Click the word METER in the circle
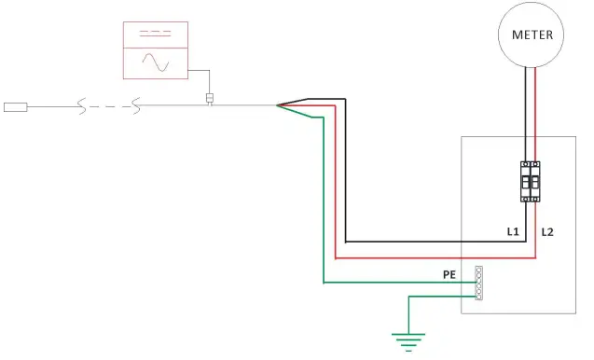click(x=532, y=35)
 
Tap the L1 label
click(x=512, y=229)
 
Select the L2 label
click(x=547, y=229)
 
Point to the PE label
click(x=449, y=276)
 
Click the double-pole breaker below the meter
click(x=530, y=181)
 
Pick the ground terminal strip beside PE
click(x=478, y=283)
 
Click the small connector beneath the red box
click(x=210, y=99)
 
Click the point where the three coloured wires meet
click(x=279, y=105)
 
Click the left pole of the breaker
click(x=525, y=181)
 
